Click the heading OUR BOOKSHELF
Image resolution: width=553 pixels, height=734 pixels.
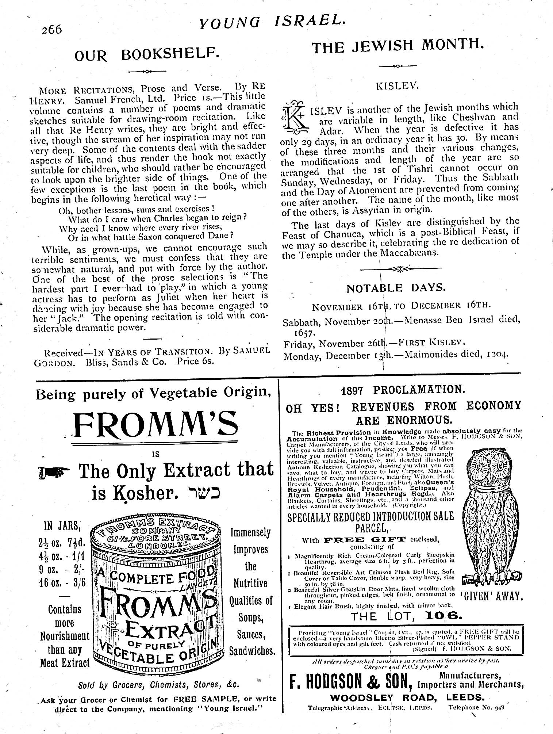(147, 55)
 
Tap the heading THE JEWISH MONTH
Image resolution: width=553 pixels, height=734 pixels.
(398, 46)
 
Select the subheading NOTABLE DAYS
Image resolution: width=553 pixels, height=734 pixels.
(396, 288)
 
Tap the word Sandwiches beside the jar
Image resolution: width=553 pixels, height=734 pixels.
(252, 651)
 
